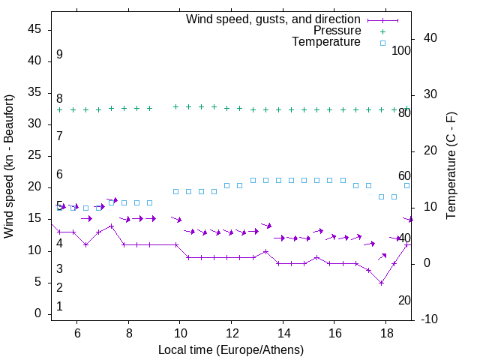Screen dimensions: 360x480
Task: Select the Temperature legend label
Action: (x=326, y=42)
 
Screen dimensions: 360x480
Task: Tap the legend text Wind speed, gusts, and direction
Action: (x=274, y=19)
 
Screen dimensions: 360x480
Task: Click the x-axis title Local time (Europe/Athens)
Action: (x=231, y=350)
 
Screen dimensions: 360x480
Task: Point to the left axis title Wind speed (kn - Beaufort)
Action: (x=9, y=166)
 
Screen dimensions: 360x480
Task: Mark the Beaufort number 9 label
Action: (x=59, y=55)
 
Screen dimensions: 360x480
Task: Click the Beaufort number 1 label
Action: (x=59, y=307)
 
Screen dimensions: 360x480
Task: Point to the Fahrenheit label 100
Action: (x=402, y=51)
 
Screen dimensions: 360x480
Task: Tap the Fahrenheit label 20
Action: (x=404, y=301)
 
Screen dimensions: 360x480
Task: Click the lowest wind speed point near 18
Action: (x=381, y=283)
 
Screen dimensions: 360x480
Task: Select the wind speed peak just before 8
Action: (x=111, y=226)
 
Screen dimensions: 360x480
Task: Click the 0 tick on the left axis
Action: (x=37, y=313)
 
